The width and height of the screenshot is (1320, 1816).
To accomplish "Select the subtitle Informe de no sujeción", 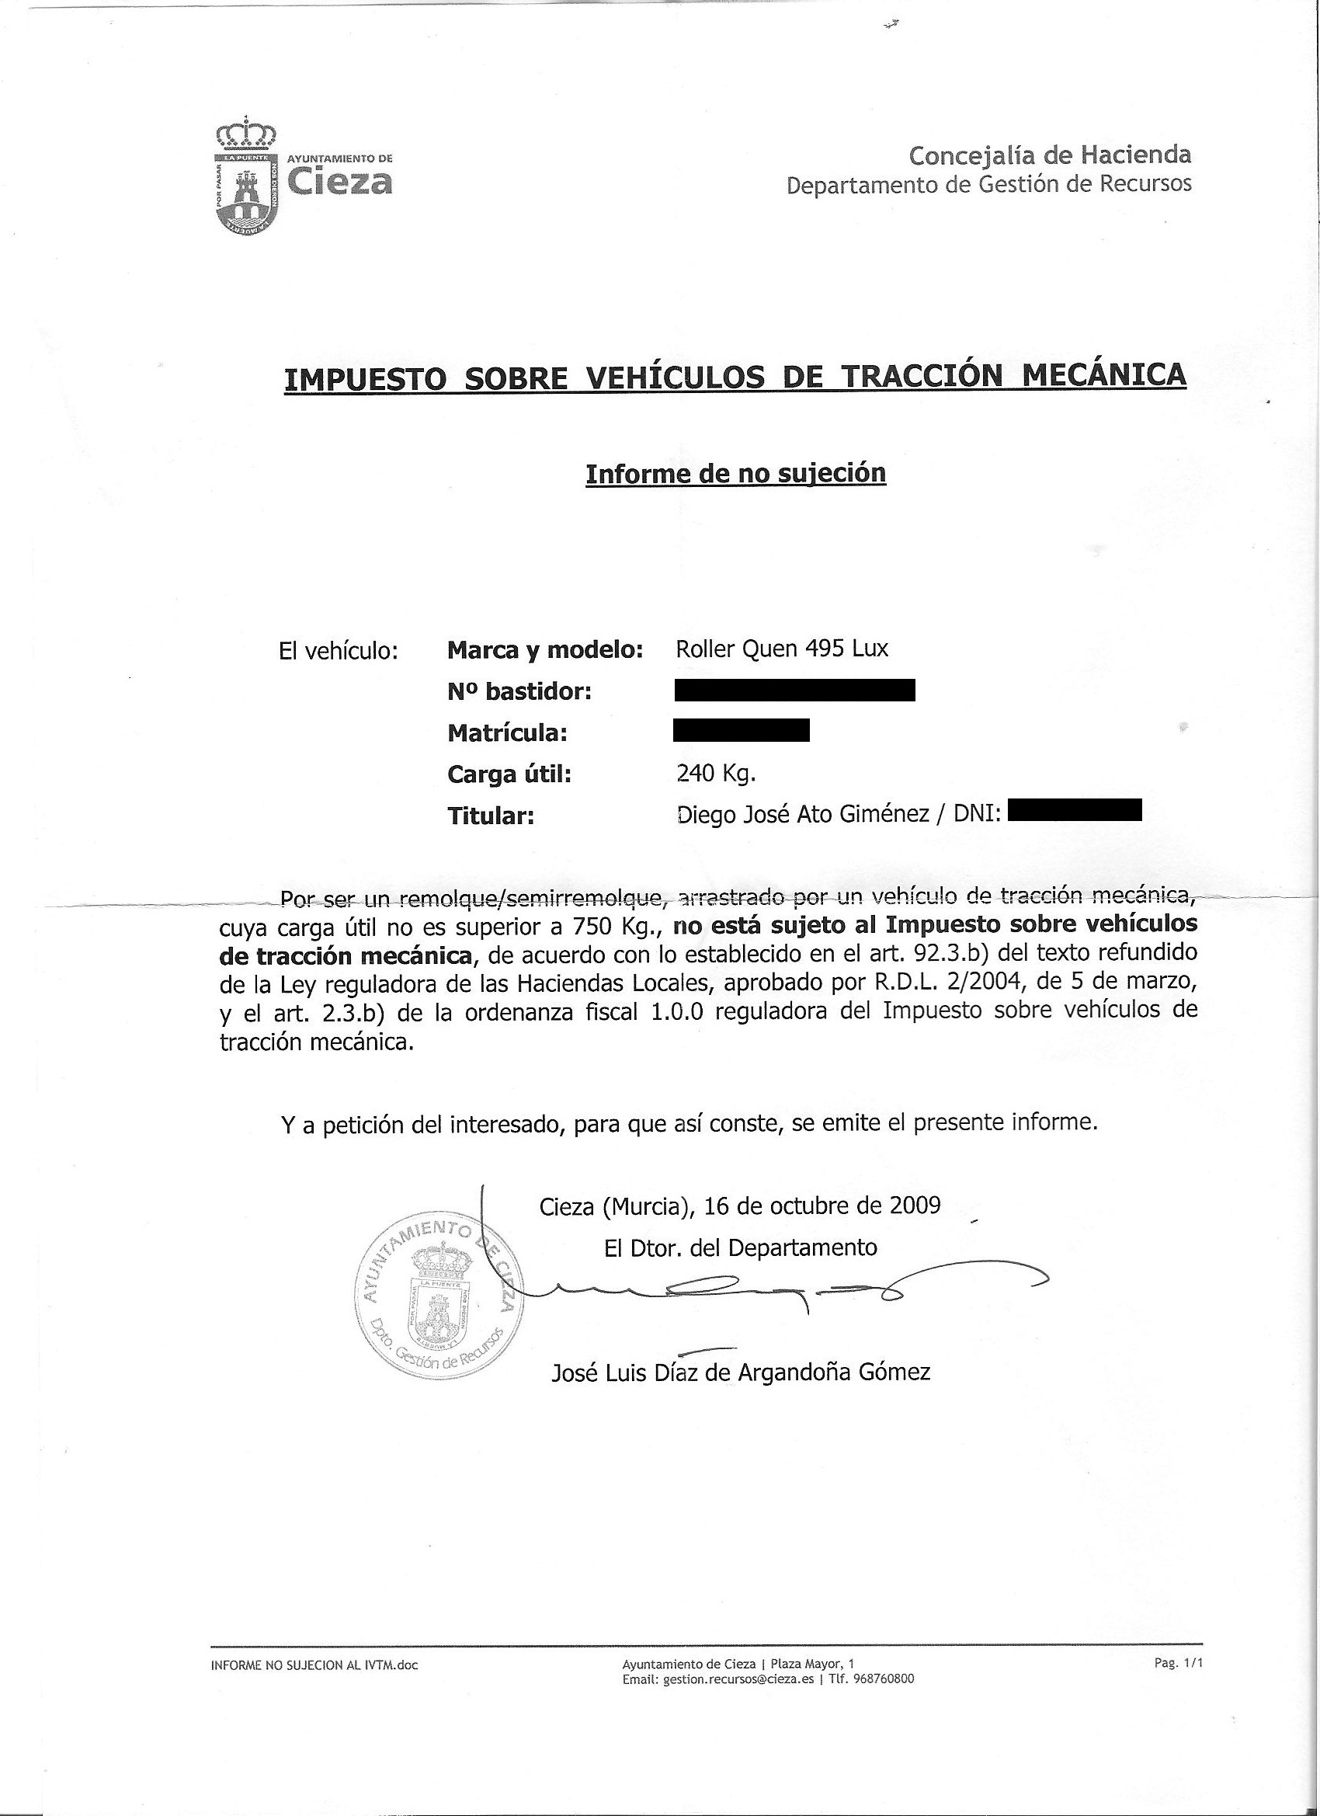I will pyautogui.click(x=735, y=473).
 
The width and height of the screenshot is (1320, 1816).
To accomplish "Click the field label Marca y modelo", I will pyautogui.click(x=545, y=649).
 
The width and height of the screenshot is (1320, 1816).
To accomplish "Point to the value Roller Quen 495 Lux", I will pyautogui.click(x=781, y=648).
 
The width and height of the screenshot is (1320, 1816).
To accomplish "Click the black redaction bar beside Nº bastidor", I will pyautogui.click(x=794, y=691).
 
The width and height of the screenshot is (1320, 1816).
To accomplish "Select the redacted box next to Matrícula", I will pyautogui.click(x=742, y=731).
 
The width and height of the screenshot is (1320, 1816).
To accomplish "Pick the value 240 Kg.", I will pyautogui.click(x=716, y=774).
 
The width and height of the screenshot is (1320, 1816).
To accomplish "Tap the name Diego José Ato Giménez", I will pyautogui.click(x=803, y=814).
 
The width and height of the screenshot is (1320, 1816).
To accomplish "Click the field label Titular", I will pyautogui.click(x=490, y=816).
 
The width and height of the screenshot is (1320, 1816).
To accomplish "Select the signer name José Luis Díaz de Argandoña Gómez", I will pyautogui.click(x=741, y=1372).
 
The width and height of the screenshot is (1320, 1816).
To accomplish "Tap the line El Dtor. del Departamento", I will pyautogui.click(x=741, y=1247).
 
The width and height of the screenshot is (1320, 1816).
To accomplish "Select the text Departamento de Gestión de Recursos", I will pyautogui.click(x=988, y=185).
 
